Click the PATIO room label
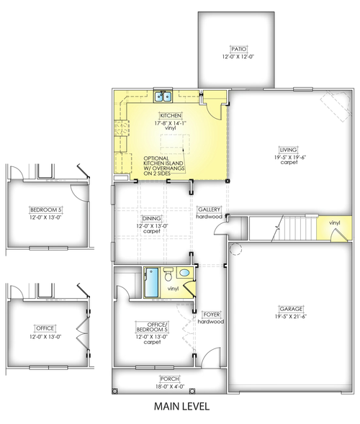point(237,49)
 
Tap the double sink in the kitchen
point(160,97)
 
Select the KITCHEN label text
point(170,115)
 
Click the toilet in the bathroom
point(167,274)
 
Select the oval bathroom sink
point(184,273)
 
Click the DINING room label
point(152,218)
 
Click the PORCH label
point(169,379)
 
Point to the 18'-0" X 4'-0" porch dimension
point(169,386)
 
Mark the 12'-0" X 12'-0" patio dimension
point(237,56)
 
